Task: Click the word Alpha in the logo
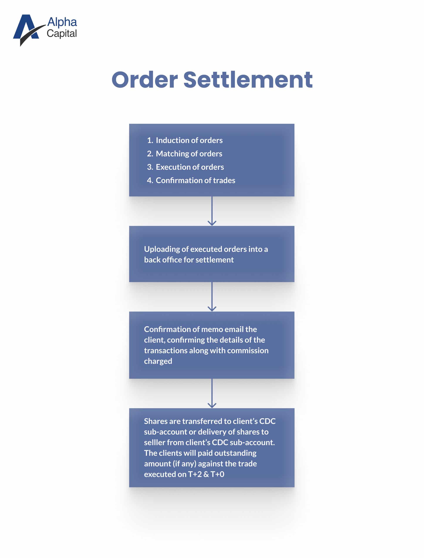point(62,22)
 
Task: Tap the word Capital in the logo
point(62,34)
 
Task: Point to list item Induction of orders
point(185,140)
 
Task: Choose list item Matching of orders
point(184,154)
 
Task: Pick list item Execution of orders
point(186,167)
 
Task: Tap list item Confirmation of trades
point(191,180)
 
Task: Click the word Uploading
point(162,250)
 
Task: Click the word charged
point(158,361)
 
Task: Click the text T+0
point(217,474)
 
